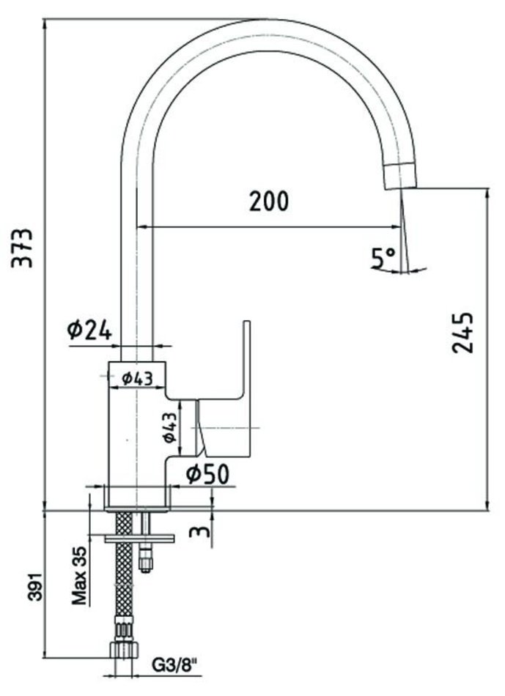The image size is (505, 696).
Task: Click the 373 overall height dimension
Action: (x=22, y=248)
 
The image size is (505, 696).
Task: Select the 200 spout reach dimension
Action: (x=269, y=201)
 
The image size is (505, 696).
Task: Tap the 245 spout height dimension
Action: (x=462, y=333)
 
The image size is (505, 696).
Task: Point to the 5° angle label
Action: (x=383, y=258)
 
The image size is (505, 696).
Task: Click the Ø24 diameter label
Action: (x=89, y=330)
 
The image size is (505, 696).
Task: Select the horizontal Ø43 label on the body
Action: (x=137, y=378)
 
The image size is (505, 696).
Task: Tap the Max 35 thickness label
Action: (x=80, y=576)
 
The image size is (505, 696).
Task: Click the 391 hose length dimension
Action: (x=36, y=586)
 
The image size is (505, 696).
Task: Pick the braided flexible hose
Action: (x=124, y=577)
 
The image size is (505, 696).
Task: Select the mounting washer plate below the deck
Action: (x=139, y=539)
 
